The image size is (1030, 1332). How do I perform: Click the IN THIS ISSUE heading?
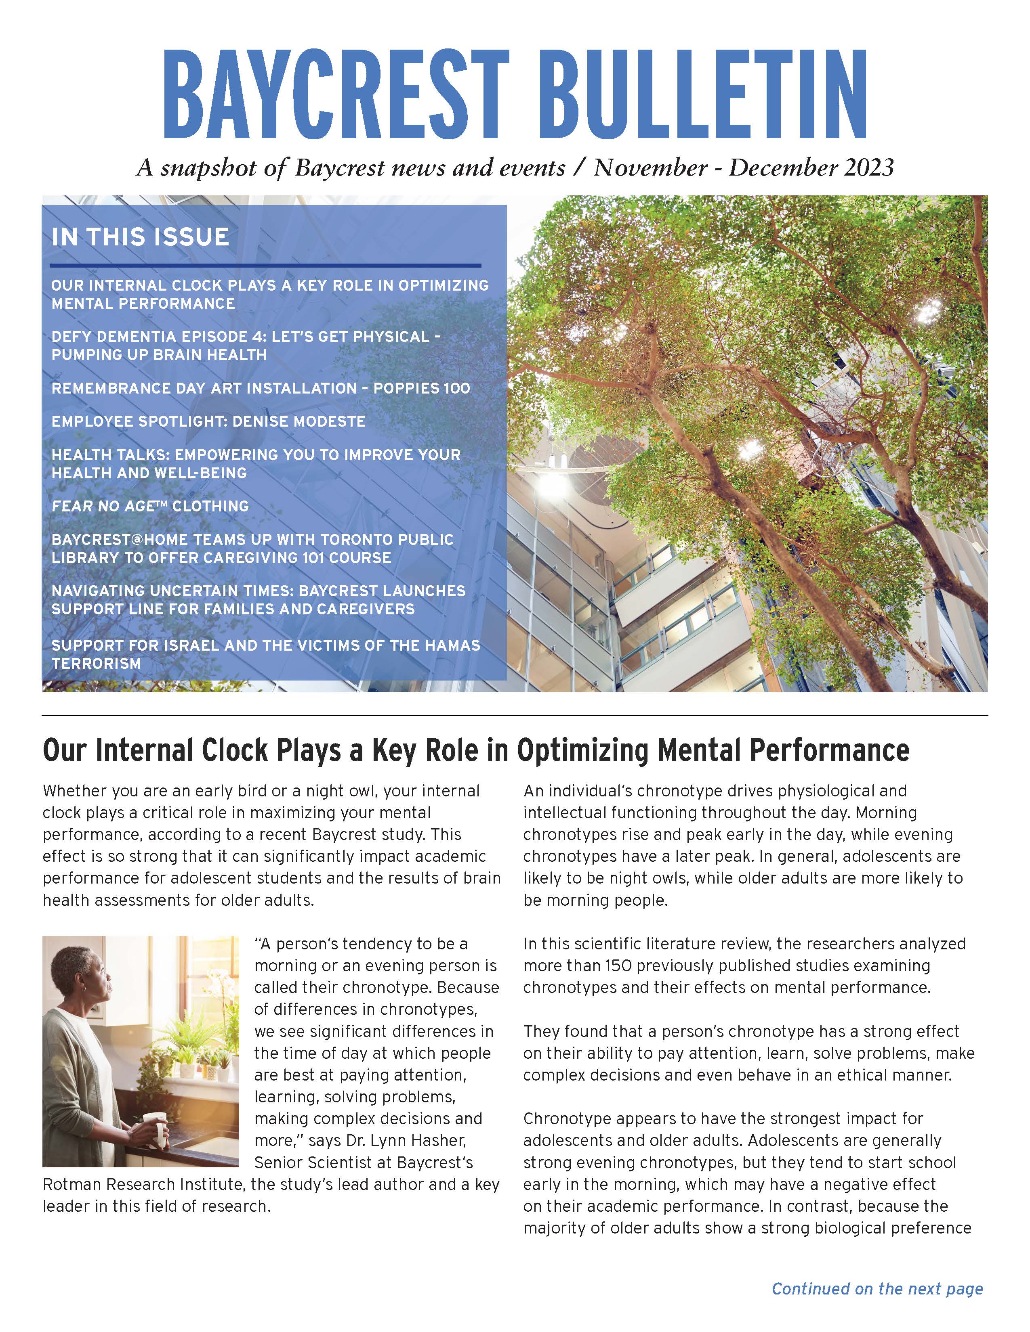[140, 237]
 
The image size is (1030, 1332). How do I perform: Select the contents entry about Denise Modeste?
[208, 421]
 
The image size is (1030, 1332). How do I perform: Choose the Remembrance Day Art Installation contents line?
[261, 388]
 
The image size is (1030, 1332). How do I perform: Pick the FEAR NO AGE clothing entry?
[150, 506]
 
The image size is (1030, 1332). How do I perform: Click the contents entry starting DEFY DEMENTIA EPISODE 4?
[246, 345]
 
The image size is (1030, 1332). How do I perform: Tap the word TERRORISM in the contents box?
[97, 664]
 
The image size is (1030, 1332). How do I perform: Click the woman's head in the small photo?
[93, 970]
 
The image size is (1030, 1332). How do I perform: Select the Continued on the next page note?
[877, 1289]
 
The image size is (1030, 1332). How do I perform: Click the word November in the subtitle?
[650, 167]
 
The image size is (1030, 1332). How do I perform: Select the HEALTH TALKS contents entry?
[256, 463]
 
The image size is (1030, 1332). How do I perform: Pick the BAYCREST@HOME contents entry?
[252, 548]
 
